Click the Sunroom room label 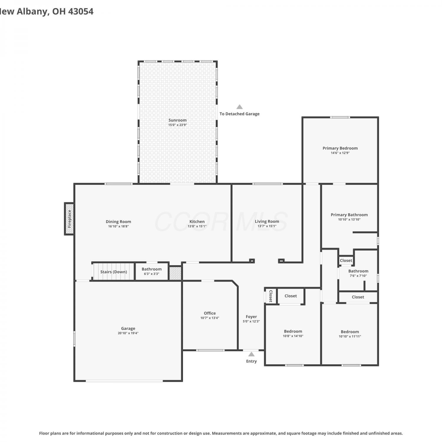pos(177,120)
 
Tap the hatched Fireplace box pos(69,219)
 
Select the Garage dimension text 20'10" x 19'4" pos(128,333)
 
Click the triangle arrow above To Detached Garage pos(240,107)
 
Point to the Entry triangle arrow pos(251,354)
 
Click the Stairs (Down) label pos(114,272)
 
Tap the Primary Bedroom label pos(340,148)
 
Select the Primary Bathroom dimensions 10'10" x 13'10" pos(349,220)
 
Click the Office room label pos(210,313)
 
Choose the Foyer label pos(251,317)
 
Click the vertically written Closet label pos(271,296)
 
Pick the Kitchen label pos(197,222)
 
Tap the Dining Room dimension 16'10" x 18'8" pos(118,226)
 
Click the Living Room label pos(267,222)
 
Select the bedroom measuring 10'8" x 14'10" pos(293,331)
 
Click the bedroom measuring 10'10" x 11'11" pos(350,332)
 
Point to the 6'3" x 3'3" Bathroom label pos(152,269)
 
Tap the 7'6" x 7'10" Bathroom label pos(358,271)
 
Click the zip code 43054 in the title pos(81,11)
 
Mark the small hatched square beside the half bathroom pos(175,273)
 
